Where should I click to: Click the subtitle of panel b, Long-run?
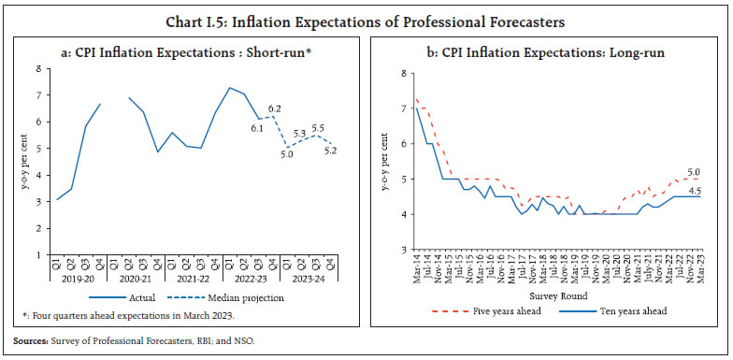tap(552, 53)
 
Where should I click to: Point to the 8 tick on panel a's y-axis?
tap(37, 68)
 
